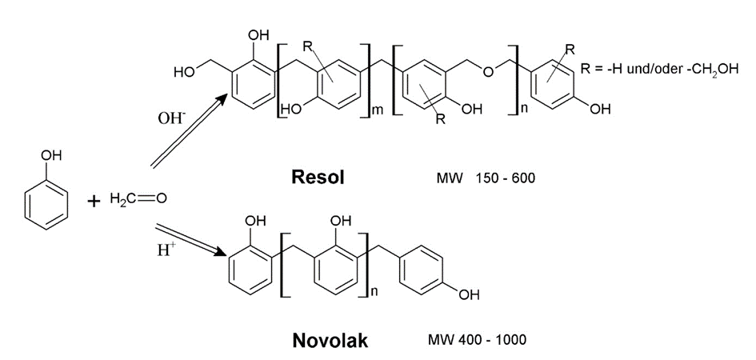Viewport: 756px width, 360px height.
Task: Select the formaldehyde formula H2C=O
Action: pos(136,198)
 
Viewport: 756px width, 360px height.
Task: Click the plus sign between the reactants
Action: pos(93,200)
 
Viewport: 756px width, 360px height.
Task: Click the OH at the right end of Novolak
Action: pos(470,296)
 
